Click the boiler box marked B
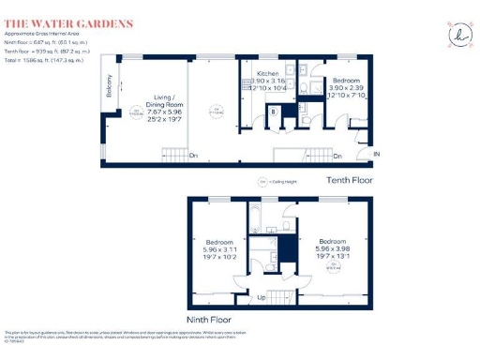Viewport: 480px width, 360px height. coord(273,112)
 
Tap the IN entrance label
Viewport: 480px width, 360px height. coord(377,154)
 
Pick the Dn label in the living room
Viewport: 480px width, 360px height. coord(194,155)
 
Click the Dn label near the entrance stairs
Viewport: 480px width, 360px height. coord(337,156)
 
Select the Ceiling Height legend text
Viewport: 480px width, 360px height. coord(278,180)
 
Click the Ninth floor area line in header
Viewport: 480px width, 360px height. coord(45,42)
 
